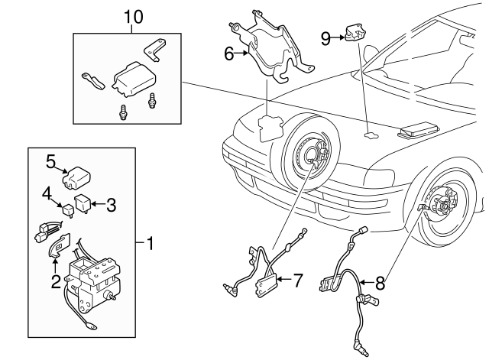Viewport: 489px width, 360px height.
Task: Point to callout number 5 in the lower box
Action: [x=51, y=161]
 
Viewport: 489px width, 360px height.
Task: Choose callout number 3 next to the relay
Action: [x=111, y=204]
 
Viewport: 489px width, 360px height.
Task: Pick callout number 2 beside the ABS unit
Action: [x=56, y=281]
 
